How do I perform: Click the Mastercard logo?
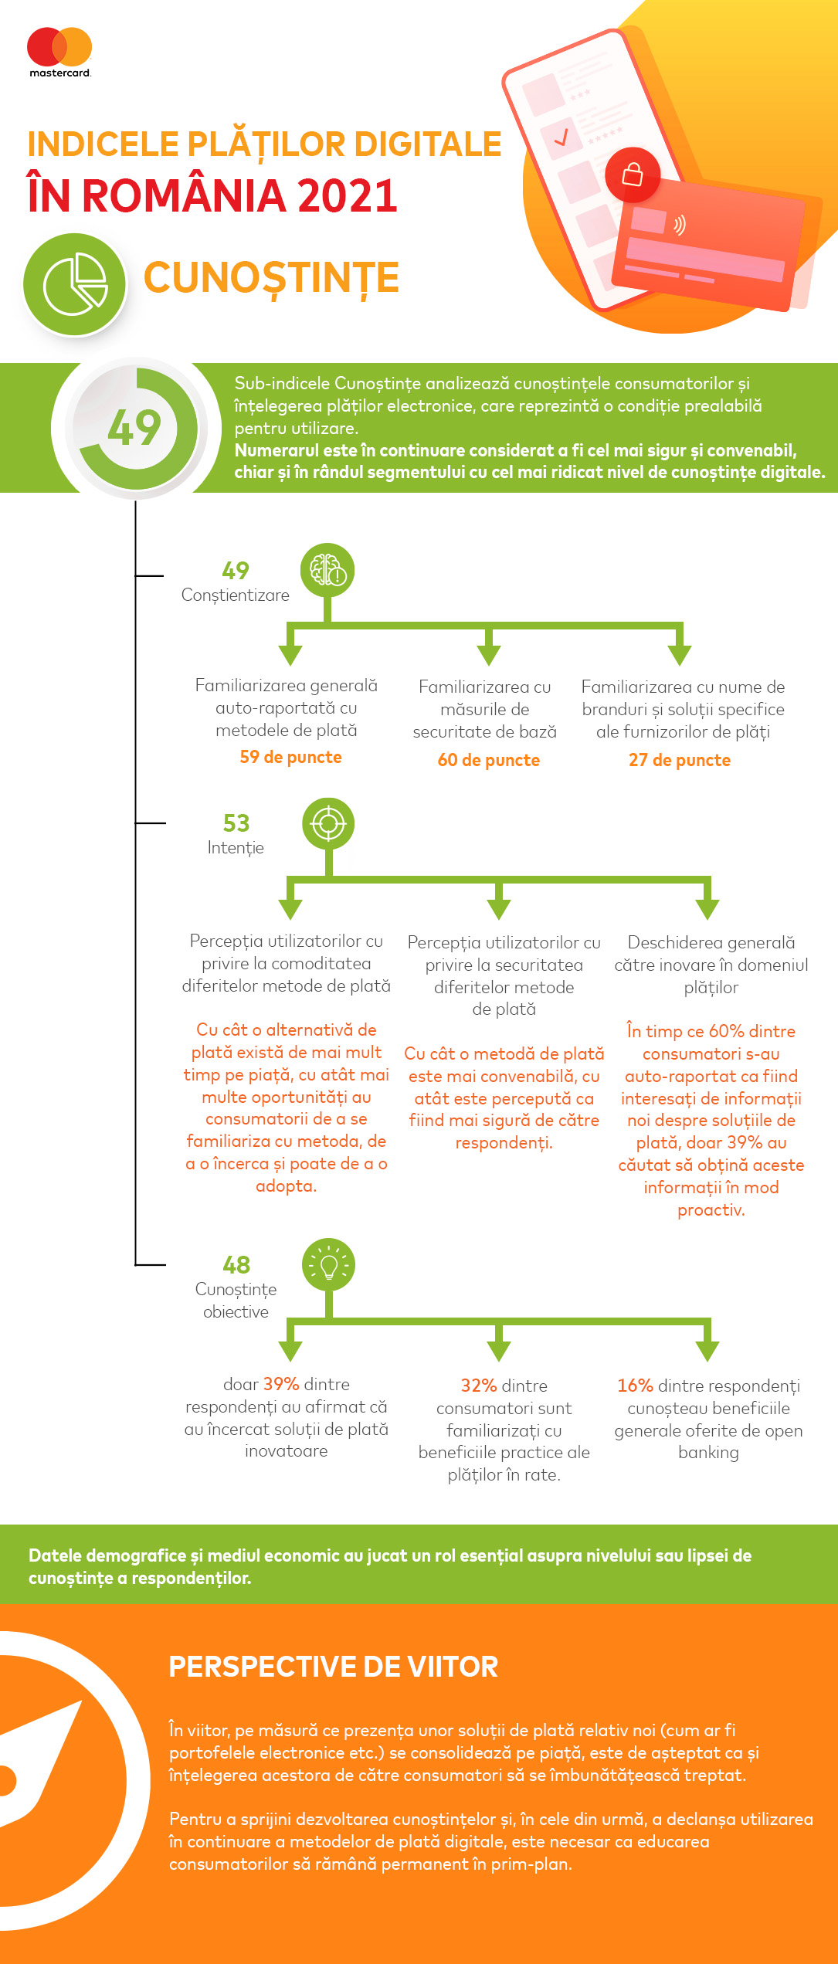tap(59, 52)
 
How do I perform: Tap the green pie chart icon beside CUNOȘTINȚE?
tap(75, 284)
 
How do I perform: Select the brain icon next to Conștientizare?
tap(327, 571)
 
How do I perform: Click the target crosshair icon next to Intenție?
tap(328, 824)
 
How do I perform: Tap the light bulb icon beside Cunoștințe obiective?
tap(329, 1265)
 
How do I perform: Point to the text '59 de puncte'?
tap(290, 757)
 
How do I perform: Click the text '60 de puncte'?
tap(488, 760)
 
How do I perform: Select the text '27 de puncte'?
tap(680, 760)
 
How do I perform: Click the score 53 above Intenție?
tap(236, 823)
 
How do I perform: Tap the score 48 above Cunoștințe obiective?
tap(236, 1264)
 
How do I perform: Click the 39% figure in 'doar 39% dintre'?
tap(281, 1384)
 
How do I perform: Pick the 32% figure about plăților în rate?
tap(479, 1386)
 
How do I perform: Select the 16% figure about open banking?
tap(635, 1386)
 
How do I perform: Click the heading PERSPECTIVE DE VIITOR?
tap(334, 1667)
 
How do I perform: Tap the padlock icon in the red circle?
tap(633, 174)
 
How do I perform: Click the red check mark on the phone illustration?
tap(561, 137)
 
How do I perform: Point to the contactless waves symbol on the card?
tap(679, 225)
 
